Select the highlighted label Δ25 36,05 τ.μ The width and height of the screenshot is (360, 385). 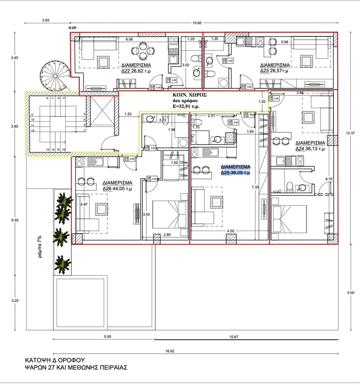tap(236, 170)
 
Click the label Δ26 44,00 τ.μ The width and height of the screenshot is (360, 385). tap(117, 186)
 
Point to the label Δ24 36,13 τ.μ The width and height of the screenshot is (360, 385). tap(310, 146)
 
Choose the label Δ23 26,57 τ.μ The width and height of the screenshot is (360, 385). tap(274, 67)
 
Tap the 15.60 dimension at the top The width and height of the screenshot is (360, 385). tap(197, 23)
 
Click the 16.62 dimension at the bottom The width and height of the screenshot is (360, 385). tap(170, 351)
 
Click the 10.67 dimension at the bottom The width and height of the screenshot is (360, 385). tap(234, 336)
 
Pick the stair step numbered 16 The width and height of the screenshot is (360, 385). tap(64, 150)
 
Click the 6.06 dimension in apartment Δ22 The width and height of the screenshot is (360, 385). tap(129, 39)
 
